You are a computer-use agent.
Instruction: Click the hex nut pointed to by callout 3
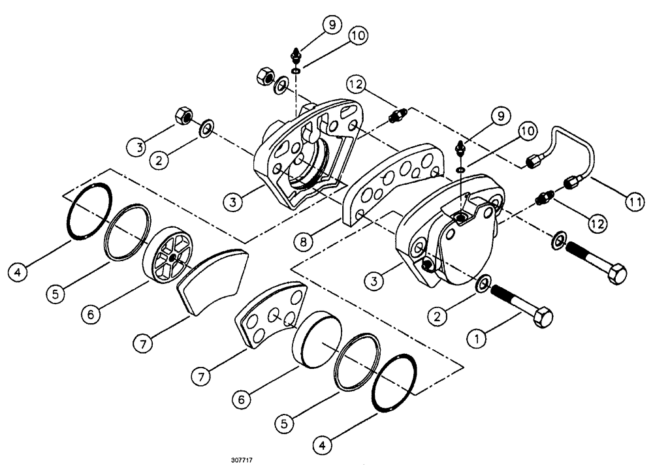coord(183,117)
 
